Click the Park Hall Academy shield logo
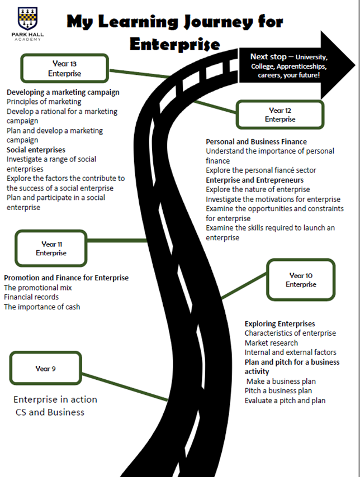point(28,18)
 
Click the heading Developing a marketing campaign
point(63,92)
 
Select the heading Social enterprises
point(36,150)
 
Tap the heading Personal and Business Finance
point(256,142)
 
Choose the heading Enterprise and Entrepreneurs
point(254,180)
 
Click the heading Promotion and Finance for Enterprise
point(66,278)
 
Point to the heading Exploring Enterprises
point(280,324)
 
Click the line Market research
point(271,343)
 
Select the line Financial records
point(31,297)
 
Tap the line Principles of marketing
point(44,102)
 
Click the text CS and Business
point(50,412)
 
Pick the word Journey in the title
point(219,22)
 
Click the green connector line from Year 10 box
point(244,285)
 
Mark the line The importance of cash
point(42,307)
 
